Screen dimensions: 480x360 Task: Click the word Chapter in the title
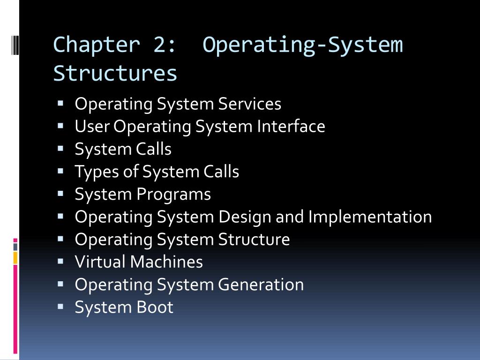[97, 45]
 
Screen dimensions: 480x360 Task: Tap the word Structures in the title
[115, 74]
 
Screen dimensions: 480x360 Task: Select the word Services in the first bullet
[249, 104]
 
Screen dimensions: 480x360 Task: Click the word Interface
[291, 126]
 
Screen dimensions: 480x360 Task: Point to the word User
[92, 126]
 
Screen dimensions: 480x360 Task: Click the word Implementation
[370, 217]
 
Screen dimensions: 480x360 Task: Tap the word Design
[244, 217]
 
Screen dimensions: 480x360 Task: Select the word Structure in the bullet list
[254, 239]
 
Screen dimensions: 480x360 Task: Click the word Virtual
[100, 262]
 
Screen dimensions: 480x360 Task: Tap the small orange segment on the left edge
[15, 257]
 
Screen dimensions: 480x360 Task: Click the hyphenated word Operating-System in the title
[303, 45]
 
